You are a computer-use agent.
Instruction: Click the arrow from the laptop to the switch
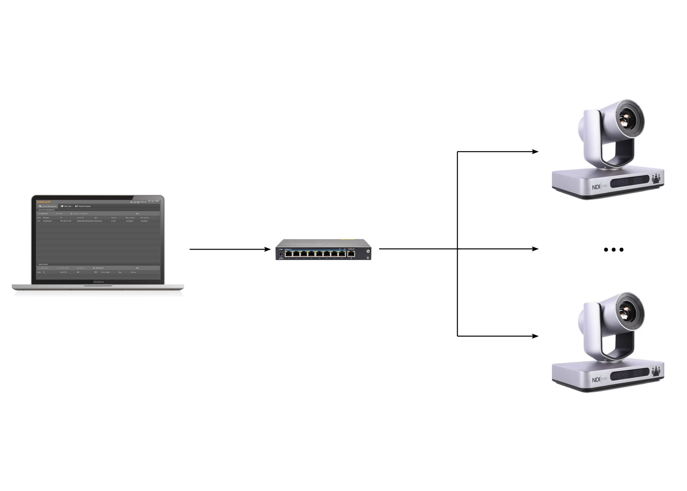tap(230, 249)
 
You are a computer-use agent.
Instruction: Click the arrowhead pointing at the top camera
tap(535, 152)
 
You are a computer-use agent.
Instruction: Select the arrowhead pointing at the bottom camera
tap(535, 336)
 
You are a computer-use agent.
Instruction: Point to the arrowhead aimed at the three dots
tap(535, 249)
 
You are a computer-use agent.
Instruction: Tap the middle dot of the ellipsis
tap(613, 250)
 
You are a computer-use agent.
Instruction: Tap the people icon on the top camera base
tap(656, 178)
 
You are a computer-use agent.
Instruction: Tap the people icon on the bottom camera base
tap(656, 371)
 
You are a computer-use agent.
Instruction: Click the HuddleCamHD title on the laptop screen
tap(43, 202)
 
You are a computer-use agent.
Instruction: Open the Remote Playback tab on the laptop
tap(83, 206)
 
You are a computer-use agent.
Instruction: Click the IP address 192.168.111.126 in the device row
tap(66, 221)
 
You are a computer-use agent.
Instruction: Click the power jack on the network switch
tap(281, 255)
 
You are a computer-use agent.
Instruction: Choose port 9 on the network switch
tap(351, 253)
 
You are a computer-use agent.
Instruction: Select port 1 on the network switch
tap(288, 254)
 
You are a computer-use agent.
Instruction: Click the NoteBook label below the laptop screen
tap(98, 282)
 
